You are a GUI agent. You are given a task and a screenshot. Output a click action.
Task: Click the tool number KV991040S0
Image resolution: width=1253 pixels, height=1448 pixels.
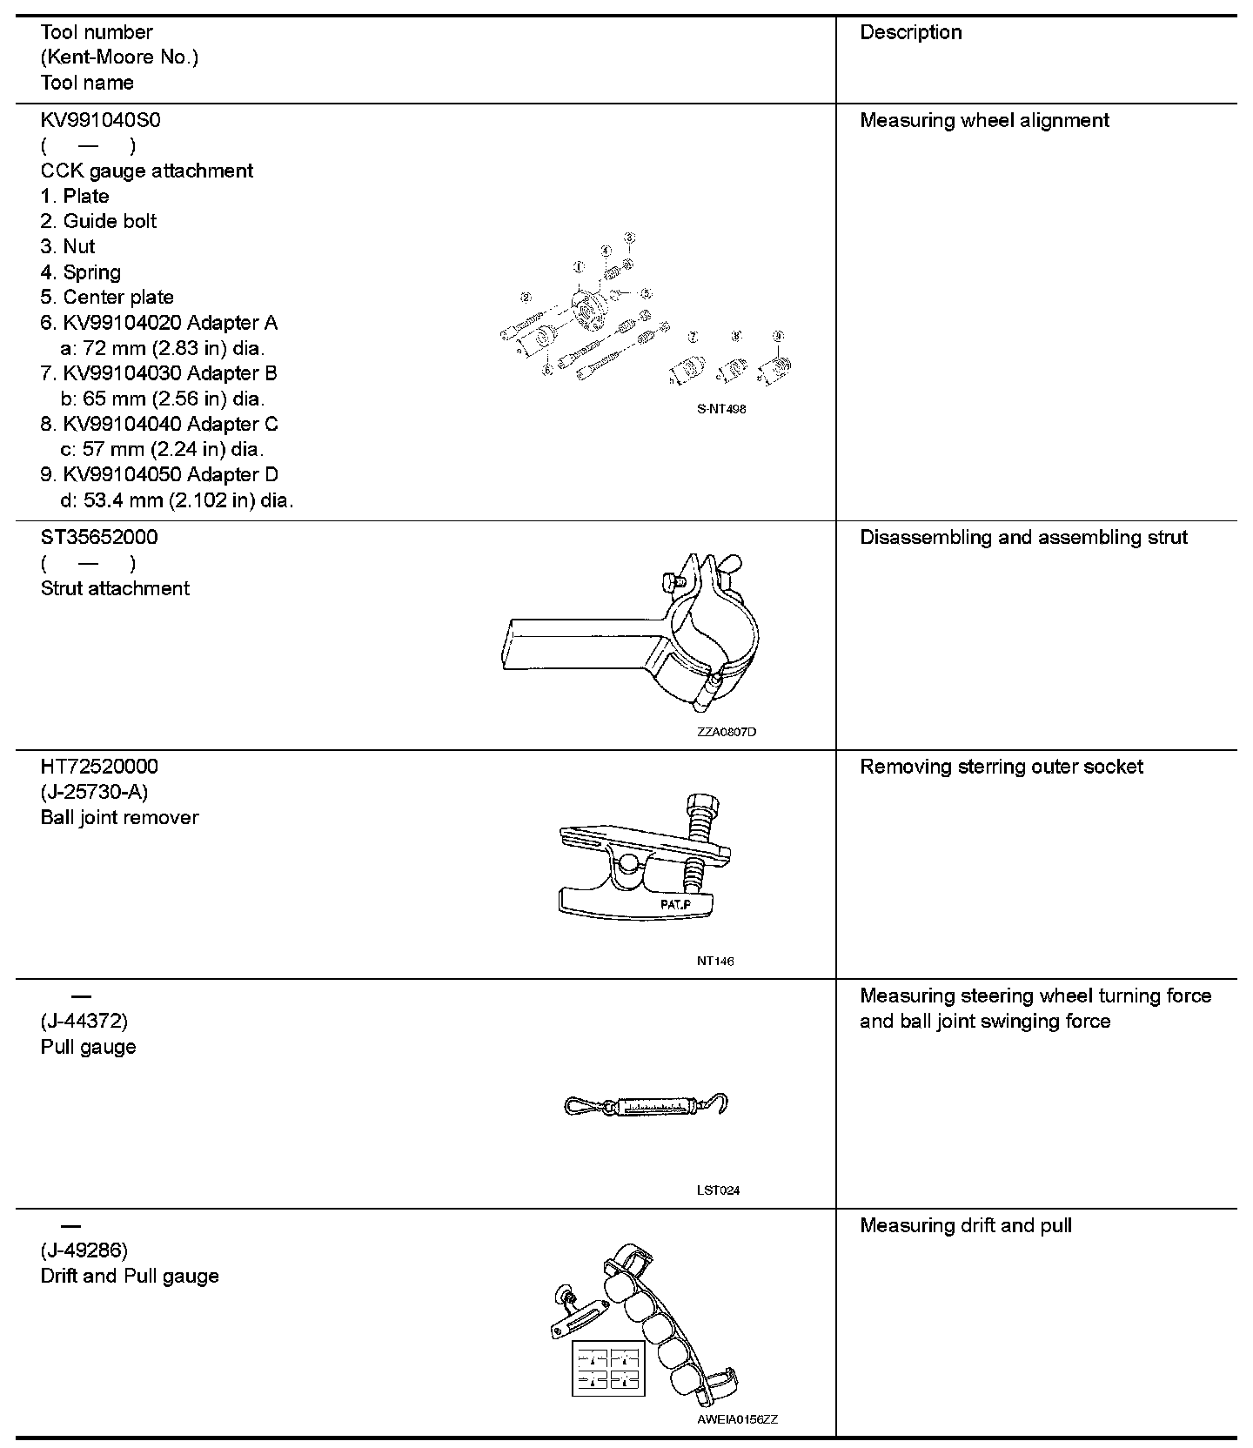[100, 120]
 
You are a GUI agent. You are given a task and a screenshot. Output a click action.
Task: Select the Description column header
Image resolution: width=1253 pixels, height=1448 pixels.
[910, 32]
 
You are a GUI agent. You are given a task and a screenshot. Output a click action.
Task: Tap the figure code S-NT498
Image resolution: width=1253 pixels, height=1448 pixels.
[721, 409]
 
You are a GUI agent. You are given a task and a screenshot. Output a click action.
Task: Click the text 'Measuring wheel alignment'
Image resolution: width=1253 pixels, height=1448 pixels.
[984, 120]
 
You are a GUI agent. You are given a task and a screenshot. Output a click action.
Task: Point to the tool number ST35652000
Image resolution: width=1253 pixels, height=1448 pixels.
[99, 537]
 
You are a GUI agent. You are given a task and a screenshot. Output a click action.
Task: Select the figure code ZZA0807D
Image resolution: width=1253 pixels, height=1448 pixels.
[727, 732]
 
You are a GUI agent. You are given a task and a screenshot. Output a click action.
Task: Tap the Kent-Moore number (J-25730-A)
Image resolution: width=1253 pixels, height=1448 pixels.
[94, 792]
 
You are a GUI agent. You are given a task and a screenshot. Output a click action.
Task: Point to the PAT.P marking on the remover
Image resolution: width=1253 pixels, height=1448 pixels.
[674, 905]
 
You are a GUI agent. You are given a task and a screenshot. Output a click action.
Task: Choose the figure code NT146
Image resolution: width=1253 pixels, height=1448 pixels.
[715, 961]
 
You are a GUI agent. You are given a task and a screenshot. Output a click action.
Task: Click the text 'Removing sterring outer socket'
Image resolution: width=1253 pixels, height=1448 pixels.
[1001, 767]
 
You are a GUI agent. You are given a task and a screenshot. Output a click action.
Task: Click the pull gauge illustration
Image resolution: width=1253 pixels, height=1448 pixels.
[646, 1106]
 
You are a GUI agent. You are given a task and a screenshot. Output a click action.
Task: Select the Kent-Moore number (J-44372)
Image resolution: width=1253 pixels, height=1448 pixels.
[84, 1021]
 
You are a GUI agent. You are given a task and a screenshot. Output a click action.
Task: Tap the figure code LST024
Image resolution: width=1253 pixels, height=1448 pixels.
[718, 1190]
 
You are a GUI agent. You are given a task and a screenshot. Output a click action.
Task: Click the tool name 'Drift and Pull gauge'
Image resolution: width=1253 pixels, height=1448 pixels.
[130, 1276]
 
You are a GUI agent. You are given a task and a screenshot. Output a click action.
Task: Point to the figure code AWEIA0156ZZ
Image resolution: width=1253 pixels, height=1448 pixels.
[737, 1419]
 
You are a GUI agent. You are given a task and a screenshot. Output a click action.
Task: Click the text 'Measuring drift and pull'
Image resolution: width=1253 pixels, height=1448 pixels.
[965, 1225]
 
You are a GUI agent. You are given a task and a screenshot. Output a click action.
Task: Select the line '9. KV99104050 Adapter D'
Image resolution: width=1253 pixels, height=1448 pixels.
[159, 474]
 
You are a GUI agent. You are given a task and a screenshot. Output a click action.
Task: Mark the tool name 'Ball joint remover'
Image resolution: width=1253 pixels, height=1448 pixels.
[119, 817]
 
